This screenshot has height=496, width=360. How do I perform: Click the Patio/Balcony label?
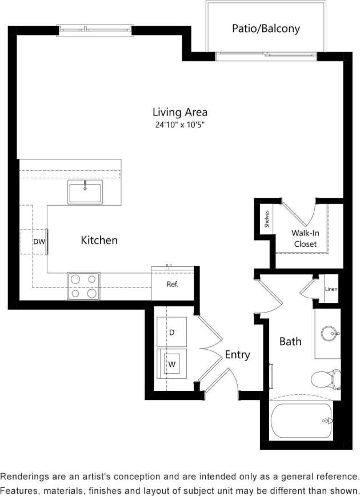(x=266, y=28)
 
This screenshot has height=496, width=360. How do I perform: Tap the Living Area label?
(x=179, y=112)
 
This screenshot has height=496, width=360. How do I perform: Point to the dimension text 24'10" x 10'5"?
(x=179, y=125)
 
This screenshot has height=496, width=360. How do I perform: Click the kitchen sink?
(x=85, y=192)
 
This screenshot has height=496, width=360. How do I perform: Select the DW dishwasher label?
(x=38, y=242)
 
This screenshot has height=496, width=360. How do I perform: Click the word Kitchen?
(x=99, y=240)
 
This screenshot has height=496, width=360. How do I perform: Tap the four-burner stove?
(x=83, y=286)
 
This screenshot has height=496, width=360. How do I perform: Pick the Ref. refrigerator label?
(x=173, y=284)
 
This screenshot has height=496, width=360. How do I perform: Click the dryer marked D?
(x=172, y=332)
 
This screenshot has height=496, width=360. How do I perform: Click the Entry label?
(x=237, y=355)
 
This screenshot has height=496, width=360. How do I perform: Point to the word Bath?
(x=290, y=342)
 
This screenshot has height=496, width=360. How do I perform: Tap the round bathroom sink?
(x=327, y=333)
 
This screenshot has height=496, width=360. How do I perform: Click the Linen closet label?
(x=331, y=289)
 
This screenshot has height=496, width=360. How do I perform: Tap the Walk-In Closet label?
(x=305, y=238)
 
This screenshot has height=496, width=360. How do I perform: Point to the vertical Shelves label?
(x=267, y=219)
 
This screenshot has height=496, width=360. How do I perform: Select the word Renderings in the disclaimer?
(x=29, y=476)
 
